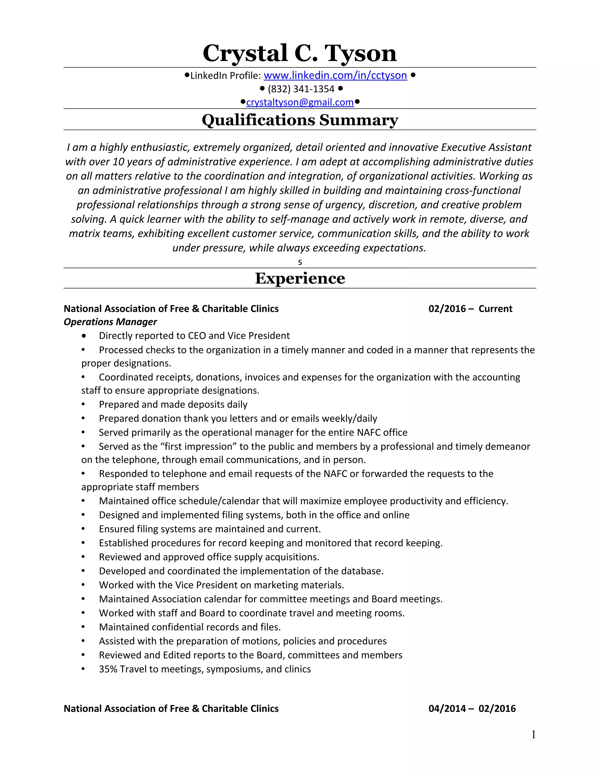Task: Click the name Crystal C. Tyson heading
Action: (300, 53)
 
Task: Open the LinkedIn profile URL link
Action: (335, 75)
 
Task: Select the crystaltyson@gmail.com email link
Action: (300, 102)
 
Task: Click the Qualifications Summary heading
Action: (300, 120)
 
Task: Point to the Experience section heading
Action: (300, 278)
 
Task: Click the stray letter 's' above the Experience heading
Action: (300, 262)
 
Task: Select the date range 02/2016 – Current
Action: (470, 308)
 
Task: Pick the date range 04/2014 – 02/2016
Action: (472, 708)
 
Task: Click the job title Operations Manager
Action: (110, 322)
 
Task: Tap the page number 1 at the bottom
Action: (533, 734)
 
